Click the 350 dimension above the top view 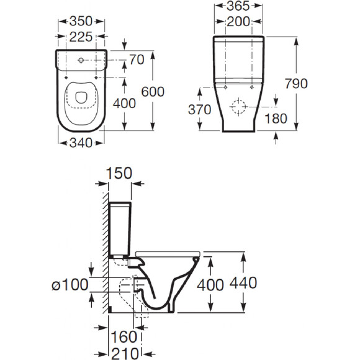81,21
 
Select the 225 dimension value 81,37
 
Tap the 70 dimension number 137,60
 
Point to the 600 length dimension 153,92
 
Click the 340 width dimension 81,143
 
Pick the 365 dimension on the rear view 238,6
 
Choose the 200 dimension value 238,22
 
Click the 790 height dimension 296,84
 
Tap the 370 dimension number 199,109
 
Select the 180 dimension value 276,119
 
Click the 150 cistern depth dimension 119,173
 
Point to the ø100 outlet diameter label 70,285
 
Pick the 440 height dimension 243,283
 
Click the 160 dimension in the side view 124,337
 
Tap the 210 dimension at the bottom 125,354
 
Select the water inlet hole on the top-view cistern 81,60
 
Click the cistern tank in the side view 120,229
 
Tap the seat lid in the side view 168,254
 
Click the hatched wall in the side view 106,253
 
